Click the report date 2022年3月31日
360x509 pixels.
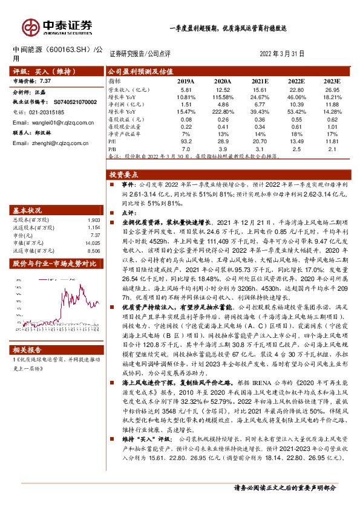click(x=281, y=54)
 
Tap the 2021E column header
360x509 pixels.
click(x=260, y=81)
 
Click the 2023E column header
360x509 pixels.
click(x=332, y=81)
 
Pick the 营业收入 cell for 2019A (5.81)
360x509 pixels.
click(x=186, y=89)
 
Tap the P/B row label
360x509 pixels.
click(x=112, y=148)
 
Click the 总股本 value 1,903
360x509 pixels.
click(x=93, y=220)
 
